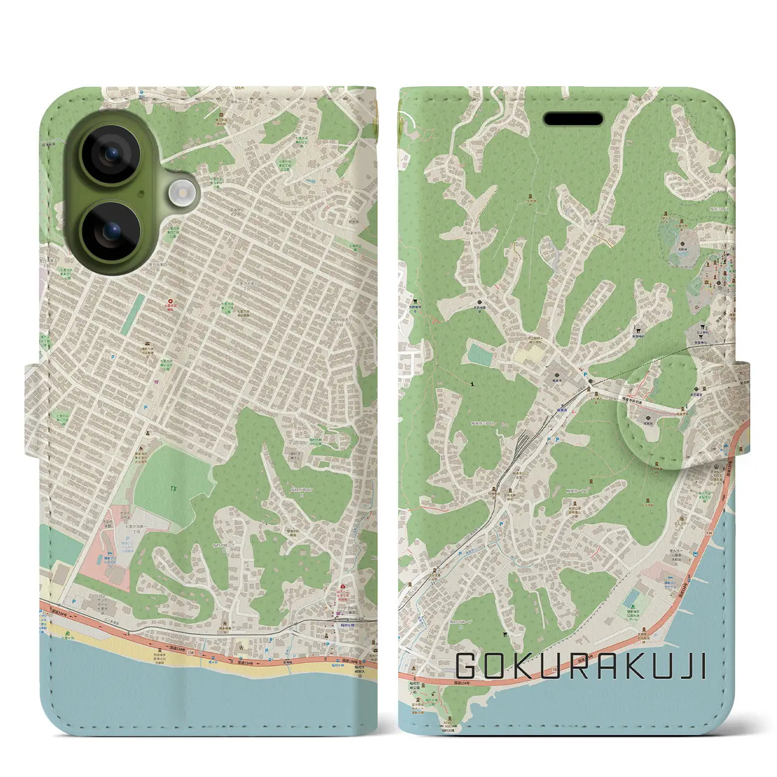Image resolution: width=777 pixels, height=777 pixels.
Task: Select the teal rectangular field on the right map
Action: pos(480,356)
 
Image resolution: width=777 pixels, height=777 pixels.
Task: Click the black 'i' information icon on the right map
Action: pos(472,383)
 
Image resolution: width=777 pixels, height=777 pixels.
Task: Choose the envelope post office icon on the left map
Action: pos(157,382)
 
